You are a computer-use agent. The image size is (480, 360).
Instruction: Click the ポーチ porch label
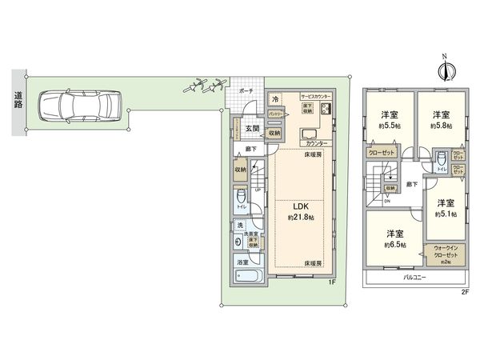tap(246, 92)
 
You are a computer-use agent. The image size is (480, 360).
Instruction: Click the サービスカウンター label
tap(318, 94)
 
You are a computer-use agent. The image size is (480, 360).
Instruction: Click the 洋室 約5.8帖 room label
tap(441, 120)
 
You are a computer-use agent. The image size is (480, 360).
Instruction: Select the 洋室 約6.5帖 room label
tap(394, 239)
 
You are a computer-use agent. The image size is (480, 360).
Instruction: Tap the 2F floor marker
tap(463, 293)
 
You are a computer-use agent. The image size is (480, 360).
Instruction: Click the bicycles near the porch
tap(203, 84)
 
